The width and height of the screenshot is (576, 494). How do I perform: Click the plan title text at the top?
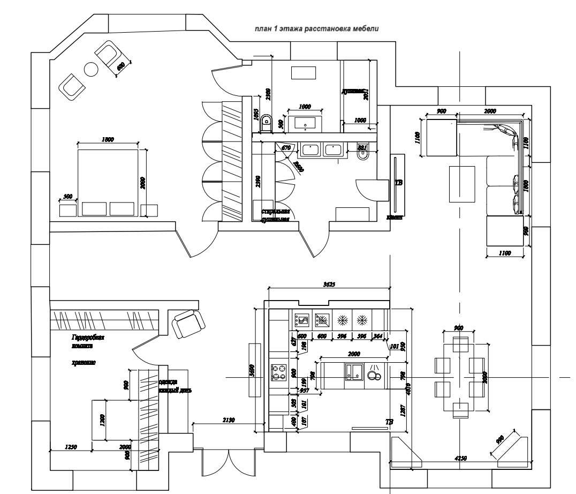point(316,29)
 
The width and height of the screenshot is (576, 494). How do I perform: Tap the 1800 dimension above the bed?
point(107,140)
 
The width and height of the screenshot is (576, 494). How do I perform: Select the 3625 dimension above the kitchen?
point(329,285)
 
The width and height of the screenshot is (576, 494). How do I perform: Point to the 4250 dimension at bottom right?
point(460,459)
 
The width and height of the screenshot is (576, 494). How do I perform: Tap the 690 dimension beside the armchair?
point(121,67)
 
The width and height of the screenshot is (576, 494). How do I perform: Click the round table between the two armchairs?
point(91,69)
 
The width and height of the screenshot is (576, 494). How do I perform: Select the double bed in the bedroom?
point(107,182)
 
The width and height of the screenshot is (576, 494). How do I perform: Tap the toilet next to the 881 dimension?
point(362,155)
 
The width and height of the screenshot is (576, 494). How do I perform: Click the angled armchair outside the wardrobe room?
point(188,323)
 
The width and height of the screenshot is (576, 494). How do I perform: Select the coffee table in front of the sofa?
point(461,184)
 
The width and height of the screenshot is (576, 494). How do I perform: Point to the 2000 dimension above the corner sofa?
point(489,111)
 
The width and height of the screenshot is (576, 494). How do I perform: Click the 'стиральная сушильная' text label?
point(275,215)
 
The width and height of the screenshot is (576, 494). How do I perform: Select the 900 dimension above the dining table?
point(458,327)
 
